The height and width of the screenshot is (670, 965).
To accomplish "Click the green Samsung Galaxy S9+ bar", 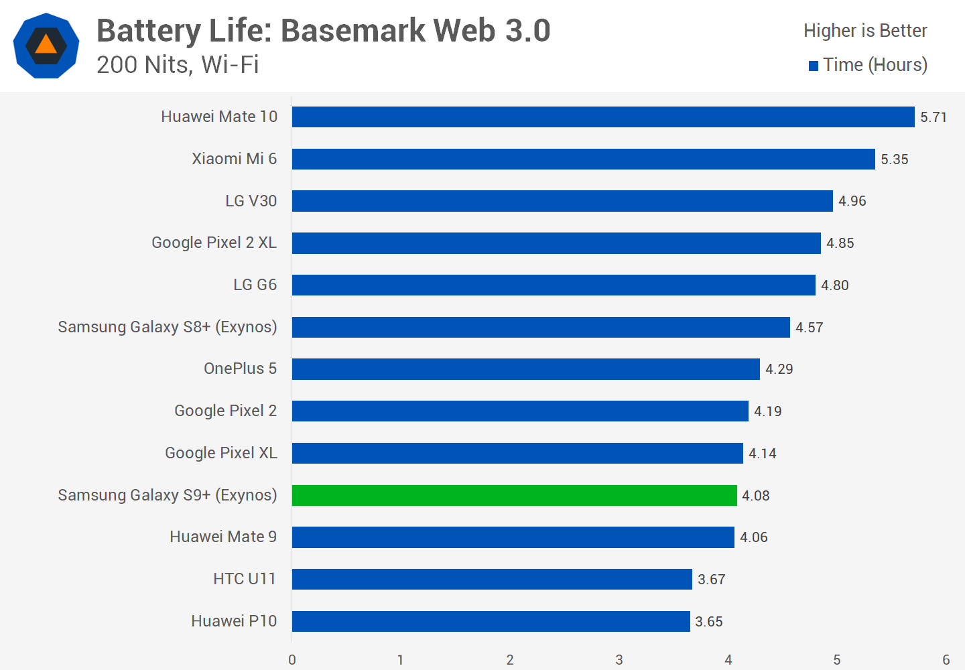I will click(514, 495).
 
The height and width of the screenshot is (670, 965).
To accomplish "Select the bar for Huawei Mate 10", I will click(603, 117).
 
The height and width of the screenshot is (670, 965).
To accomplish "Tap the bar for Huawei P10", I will click(491, 621).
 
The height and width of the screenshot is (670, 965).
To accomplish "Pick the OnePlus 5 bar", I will click(525, 368).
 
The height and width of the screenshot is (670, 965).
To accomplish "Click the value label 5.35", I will click(894, 159).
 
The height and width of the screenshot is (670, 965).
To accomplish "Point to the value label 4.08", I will click(755, 496).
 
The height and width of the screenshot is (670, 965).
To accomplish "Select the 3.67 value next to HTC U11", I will click(711, 580).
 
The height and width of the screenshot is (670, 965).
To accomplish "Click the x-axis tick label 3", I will click(619, 660).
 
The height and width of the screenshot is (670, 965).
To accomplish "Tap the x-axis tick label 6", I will click(946, 660).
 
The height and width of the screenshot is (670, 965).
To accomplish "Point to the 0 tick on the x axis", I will click(292, 660).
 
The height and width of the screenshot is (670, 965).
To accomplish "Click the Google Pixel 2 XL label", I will click(214, 243).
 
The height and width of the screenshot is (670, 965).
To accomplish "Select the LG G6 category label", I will click(255, 285).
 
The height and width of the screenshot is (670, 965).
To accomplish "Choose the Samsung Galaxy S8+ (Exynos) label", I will click(167, 327).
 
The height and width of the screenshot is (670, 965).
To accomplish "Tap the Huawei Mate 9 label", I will click(222, 537).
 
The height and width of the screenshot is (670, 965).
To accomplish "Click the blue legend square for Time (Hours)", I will click(814, 66).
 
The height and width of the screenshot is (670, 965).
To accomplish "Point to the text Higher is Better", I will click(864, 31).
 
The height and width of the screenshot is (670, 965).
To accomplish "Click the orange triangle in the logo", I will click(46, 45).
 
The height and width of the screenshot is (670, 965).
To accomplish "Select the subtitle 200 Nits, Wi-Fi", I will click(178, 65).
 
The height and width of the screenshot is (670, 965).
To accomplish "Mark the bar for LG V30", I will click(562, 201).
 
